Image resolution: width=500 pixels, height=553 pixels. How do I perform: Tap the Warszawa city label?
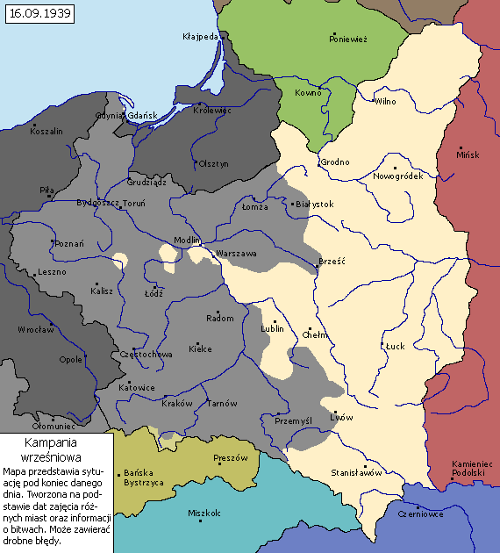(236, 253)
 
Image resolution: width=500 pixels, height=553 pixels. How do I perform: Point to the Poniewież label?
(348, 39)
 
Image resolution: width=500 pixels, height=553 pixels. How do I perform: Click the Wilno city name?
(385, 102)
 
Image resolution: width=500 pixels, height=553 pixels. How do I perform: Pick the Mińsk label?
(468, 154)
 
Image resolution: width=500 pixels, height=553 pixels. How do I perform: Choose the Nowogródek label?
(398, 176)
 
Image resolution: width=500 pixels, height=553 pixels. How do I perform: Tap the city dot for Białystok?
(292, 204)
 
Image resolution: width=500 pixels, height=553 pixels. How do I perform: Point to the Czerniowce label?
(420, 514)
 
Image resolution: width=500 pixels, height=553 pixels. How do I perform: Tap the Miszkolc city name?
(205, 513)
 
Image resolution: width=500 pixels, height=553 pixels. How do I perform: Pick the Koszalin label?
(46, 131)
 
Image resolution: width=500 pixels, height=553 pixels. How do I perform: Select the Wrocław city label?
(36, 330)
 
